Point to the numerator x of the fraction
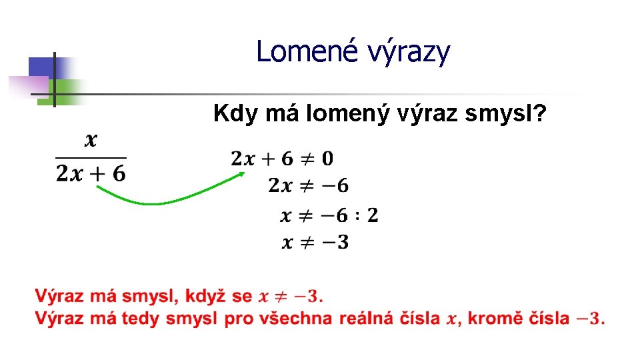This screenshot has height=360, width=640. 91,140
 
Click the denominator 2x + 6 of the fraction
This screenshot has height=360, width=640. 91,174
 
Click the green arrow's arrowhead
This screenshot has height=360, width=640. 241,174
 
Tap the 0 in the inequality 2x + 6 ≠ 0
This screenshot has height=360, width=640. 327,159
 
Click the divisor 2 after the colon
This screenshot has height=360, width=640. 372,215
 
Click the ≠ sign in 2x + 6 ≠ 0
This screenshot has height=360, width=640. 307,159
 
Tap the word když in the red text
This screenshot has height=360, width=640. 208,295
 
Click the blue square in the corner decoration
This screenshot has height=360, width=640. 41,67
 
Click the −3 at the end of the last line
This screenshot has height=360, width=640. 590,318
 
